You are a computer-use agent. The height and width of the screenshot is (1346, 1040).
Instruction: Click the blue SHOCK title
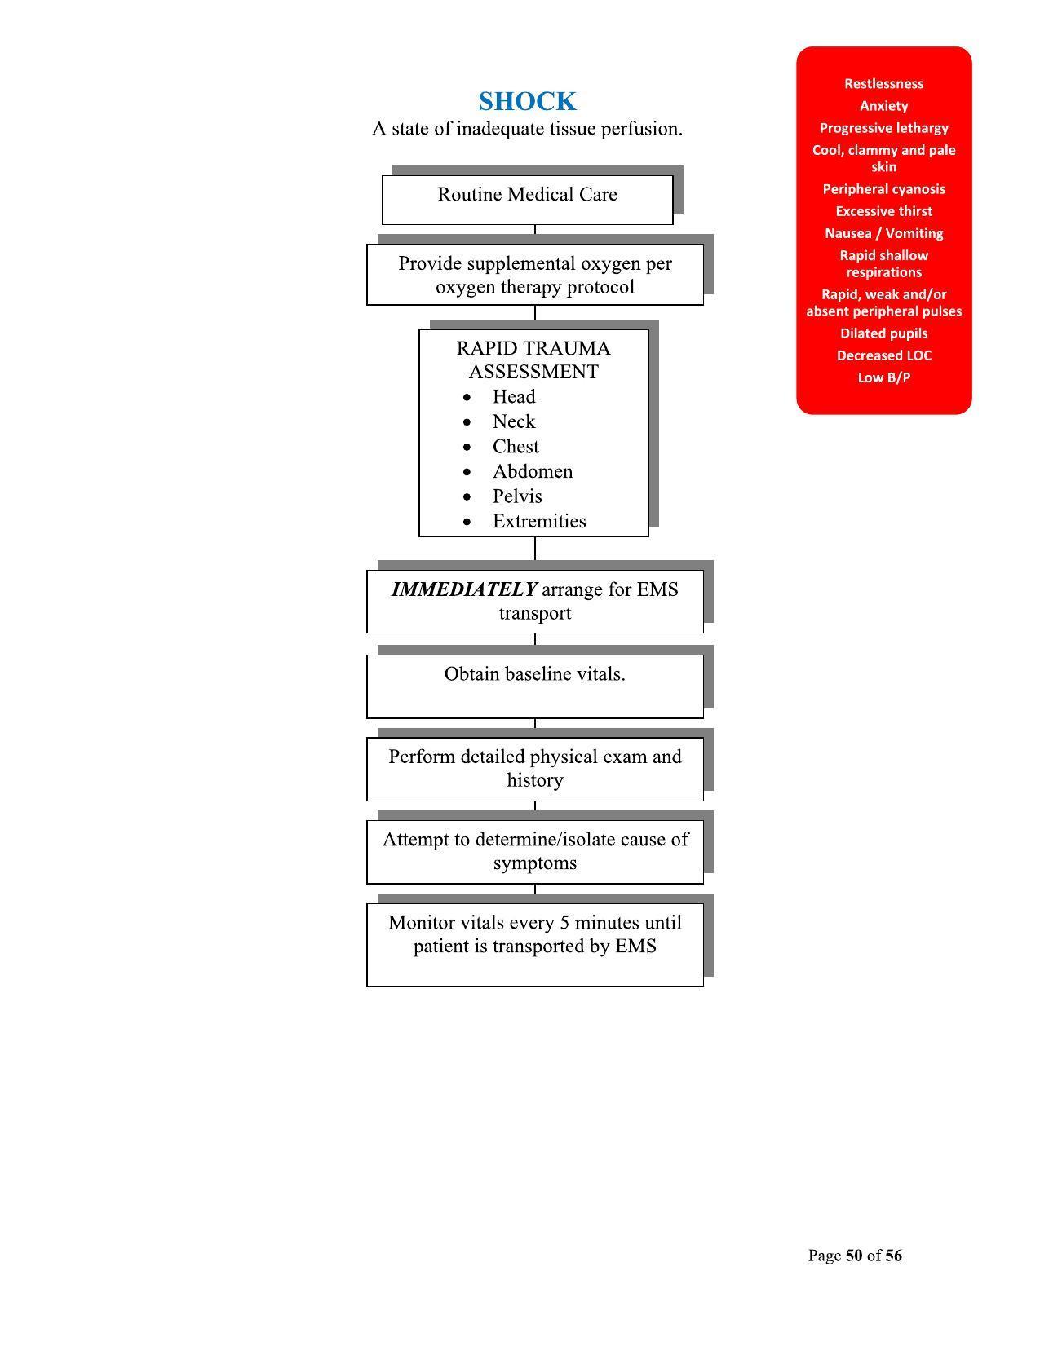coord(527,102)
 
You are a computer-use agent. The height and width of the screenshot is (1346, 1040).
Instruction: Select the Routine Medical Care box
coord(527,196)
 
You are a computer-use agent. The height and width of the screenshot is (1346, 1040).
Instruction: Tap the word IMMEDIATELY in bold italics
coord(463,589)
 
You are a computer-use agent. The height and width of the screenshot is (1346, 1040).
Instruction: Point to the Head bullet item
coord(514,397)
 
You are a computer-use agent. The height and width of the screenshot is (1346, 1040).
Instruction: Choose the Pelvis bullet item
coord(517,496)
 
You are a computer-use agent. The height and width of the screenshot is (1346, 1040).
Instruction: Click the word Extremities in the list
coord(539,522)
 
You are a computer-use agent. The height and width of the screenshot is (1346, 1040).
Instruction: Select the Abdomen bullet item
coord(533,472)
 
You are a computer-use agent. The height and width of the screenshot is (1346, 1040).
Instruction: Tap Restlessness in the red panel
coord(883,84)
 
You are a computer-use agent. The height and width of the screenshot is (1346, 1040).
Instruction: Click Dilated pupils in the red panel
coord(883,333)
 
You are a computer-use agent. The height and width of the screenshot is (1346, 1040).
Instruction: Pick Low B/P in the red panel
coord(883,377)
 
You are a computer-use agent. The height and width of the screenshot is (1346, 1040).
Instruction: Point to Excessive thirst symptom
coord(883,211)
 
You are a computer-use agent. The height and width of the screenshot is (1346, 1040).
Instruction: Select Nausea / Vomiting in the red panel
coord(883,233)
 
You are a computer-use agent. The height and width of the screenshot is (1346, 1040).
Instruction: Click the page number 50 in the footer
coord(854,1256)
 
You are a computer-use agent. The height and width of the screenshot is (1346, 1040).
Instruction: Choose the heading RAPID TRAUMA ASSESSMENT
coord(533,360)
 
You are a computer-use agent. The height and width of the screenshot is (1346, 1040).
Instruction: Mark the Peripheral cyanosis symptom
coord(883,189)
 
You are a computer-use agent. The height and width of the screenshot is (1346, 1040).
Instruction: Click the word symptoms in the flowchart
coord(534,863)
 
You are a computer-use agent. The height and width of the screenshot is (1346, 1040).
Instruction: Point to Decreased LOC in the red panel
coord(883,355)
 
